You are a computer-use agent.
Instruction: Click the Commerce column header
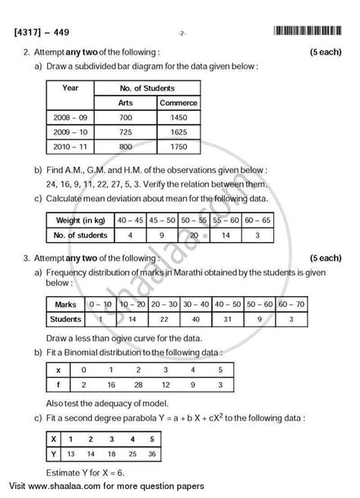[178, 102]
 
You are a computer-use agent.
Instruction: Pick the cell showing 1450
[178, 118]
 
